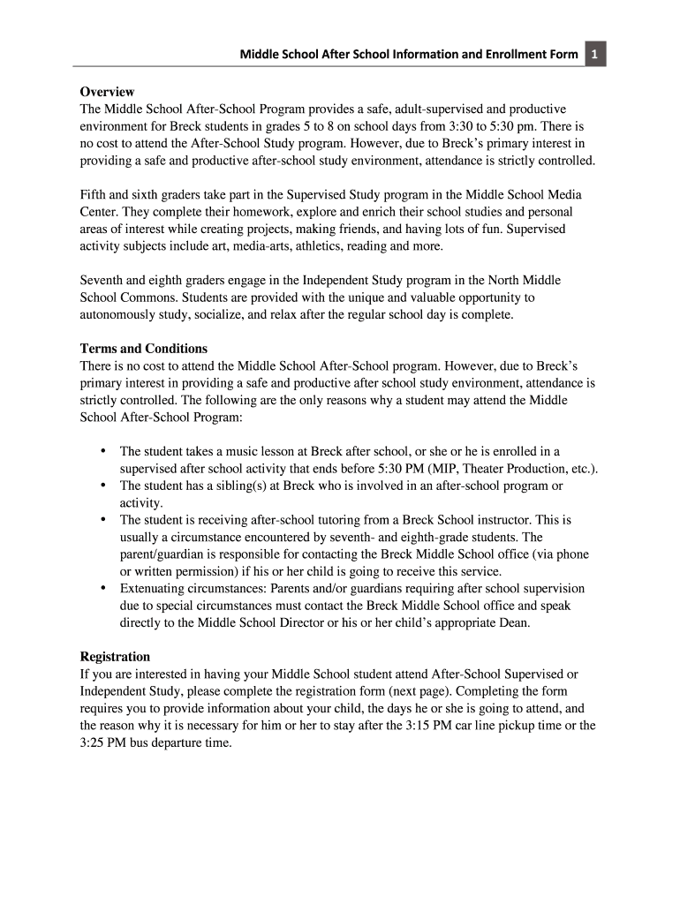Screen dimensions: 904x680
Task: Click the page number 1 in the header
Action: (x=596, y=56)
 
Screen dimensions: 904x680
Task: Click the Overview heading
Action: (x=107, y=91)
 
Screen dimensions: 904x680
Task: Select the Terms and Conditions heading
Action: (x=144, y=348)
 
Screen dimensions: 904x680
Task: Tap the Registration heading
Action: (x=115, y=656)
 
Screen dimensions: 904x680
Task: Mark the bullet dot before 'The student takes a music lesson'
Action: (x=103, y=451)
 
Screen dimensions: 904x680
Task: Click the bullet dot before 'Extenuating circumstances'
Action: (x=103, y=588)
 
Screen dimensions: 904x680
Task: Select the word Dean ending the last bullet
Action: (x=513, y=622)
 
